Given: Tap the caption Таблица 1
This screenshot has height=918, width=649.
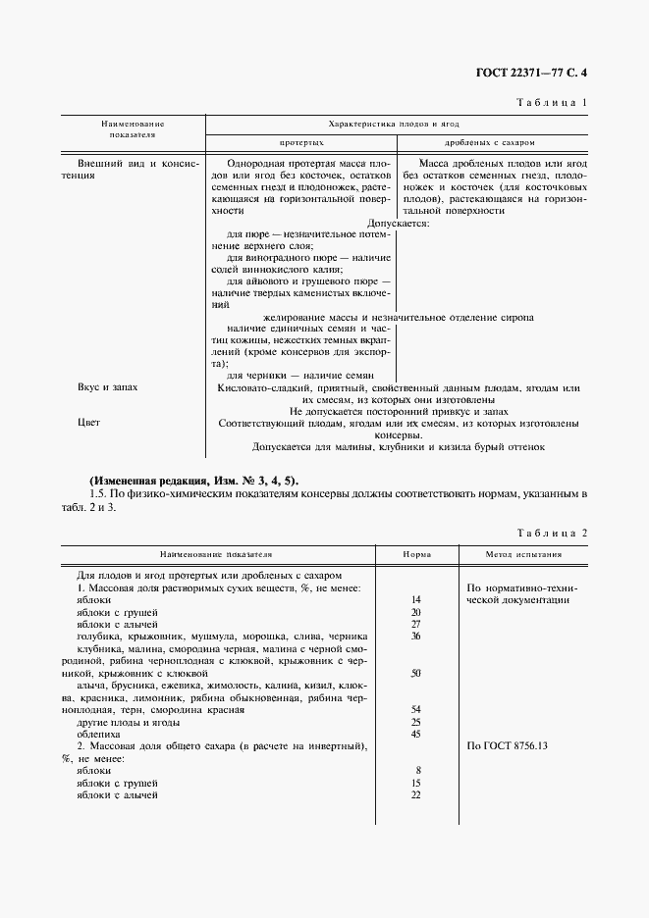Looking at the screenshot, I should click(x=551, y=102).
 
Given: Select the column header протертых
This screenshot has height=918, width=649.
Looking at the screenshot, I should click(x=301, y=142).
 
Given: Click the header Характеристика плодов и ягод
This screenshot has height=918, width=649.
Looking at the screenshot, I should click(x=394, y=125).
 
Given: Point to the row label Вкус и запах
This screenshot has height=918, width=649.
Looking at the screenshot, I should click(x=108, y=387).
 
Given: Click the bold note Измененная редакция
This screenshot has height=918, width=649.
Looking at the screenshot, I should click(x=147, y=481).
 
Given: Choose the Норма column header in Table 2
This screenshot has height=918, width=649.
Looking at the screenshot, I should click(x=417, y=553).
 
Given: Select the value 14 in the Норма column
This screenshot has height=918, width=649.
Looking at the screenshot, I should click(x=416, y=599).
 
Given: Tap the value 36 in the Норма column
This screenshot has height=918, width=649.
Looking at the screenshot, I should click(x=416, y=636).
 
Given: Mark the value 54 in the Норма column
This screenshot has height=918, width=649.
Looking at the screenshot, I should click(x=416, y=709).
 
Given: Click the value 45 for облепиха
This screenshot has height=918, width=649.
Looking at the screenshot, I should click(x=416, y=734).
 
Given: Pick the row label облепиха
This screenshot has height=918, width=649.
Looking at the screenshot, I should click(x=96, y=734).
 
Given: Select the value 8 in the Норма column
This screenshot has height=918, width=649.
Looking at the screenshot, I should click(x=417, y=771).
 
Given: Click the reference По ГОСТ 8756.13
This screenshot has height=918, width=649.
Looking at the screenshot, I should click(x=510, y=746).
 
